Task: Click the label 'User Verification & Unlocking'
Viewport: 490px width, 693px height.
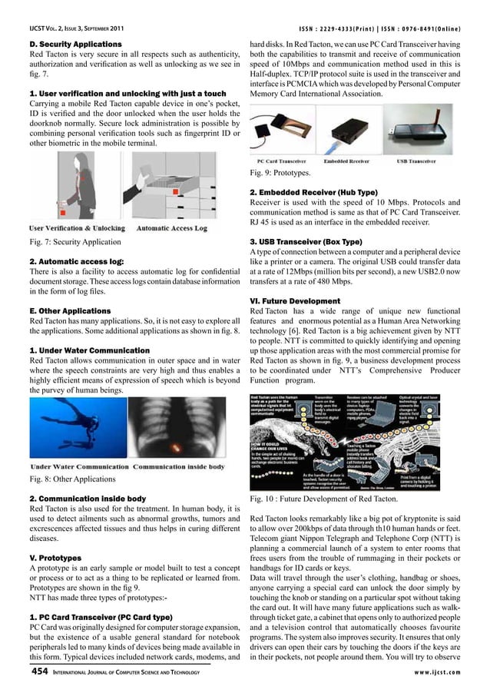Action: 77,228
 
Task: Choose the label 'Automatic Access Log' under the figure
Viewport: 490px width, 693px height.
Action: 171,228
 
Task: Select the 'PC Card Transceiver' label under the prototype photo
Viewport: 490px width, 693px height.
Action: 286,161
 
